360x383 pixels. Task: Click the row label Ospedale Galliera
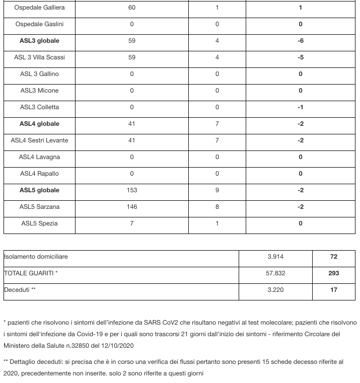(x=39, y=8)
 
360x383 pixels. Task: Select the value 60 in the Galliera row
(x=132, y=8)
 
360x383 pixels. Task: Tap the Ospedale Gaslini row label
(x=39, y=24)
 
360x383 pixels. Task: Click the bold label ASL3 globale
(x=39, y=41)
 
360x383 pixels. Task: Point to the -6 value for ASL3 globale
(x=301, y=41)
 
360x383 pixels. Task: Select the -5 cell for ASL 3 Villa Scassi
(x=301, y=57)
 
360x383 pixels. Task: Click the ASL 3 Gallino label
(x=39, y=74)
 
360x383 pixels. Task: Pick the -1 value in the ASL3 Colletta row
(x=301, y=107)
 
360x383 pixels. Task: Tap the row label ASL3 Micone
(x=39, y=91)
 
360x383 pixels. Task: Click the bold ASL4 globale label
(x=39, y=124)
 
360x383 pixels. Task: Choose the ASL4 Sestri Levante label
(x=39, y=140)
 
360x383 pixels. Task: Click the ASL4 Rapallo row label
(x=39, y=174)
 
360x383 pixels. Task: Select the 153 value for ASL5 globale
(x=132, y=190)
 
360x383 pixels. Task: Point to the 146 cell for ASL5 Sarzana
(x=132, y=207)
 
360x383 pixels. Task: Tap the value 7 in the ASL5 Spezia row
(x=132, y=223)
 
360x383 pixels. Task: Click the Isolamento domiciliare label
(x=36, y=257)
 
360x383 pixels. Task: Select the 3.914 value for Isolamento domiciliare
(x=275, y=257)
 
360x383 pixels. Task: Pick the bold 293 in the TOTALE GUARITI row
(x=333, y=273)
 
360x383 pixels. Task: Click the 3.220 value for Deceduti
(x=275, y=290)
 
